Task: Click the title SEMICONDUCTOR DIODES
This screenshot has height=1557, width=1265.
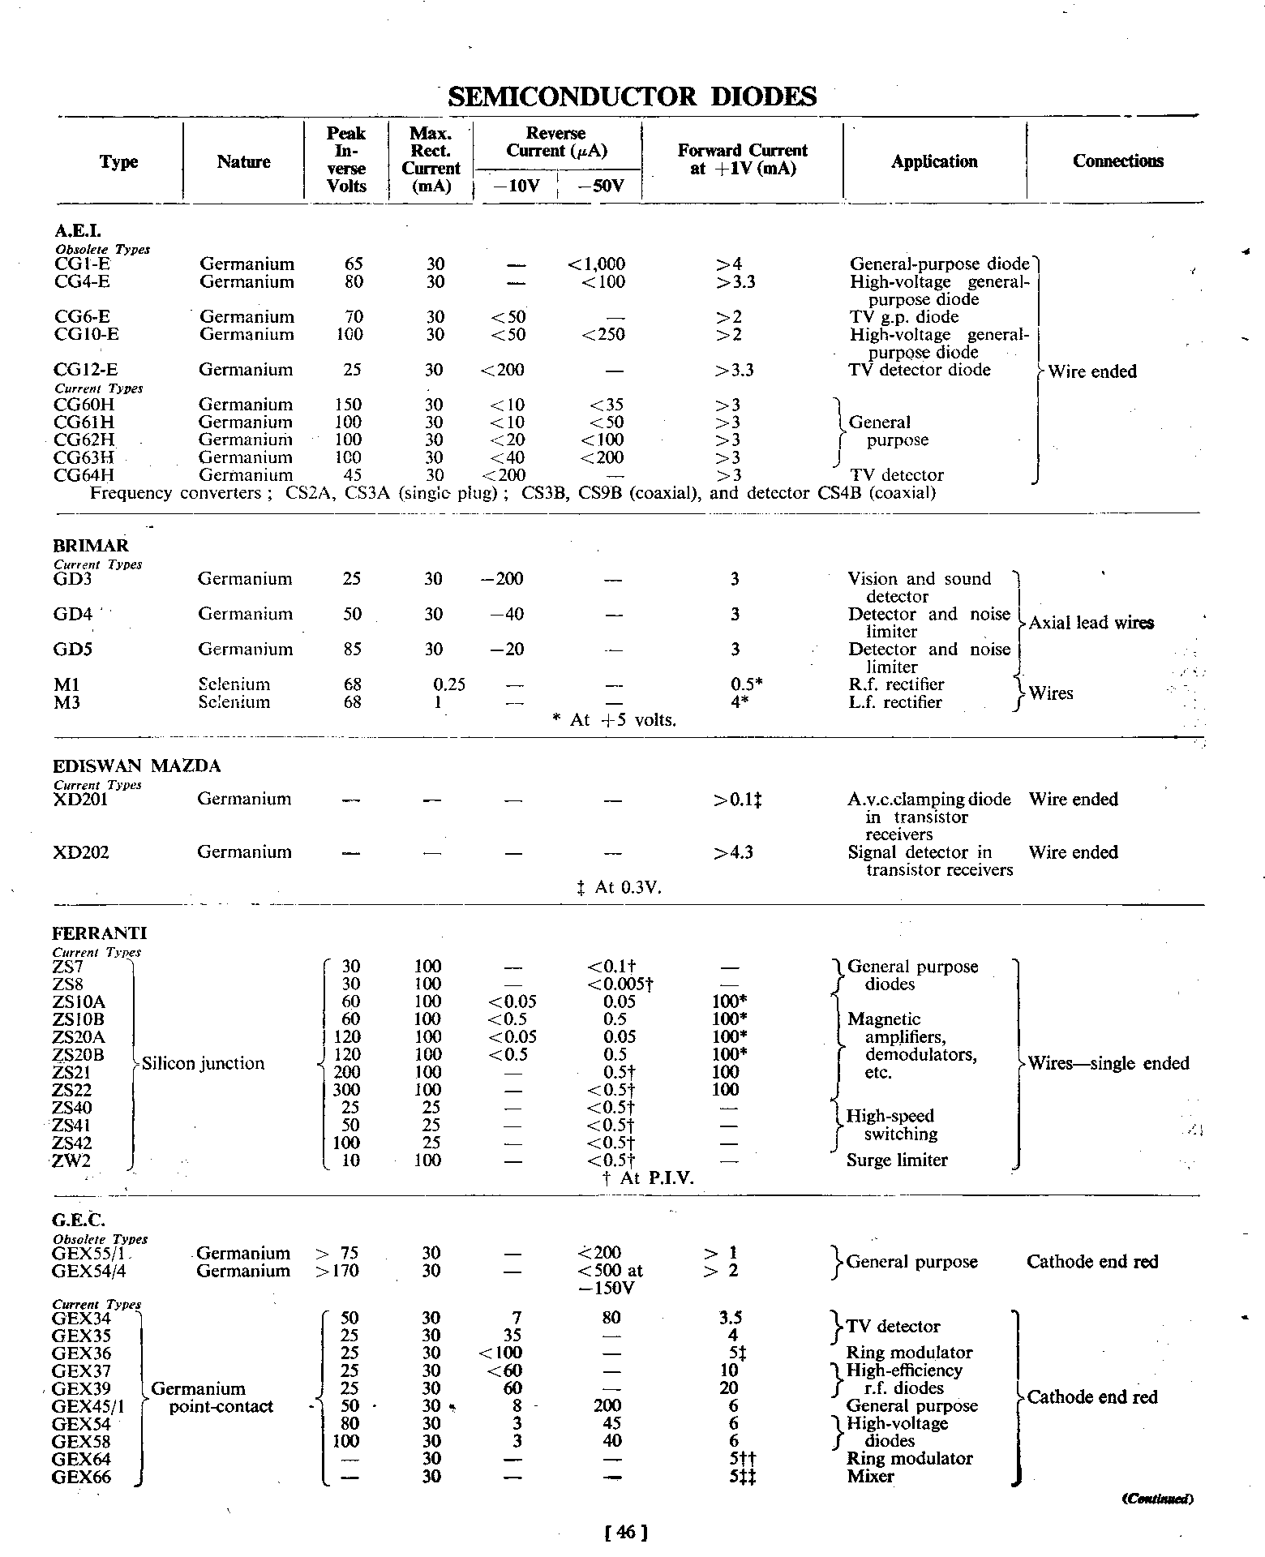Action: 632,97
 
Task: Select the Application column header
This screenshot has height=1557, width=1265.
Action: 934,161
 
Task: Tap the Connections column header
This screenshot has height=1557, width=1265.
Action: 1117,161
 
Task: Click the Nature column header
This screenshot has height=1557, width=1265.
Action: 243,162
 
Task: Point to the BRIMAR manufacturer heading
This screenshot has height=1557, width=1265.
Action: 91,546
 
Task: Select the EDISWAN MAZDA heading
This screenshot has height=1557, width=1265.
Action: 136,766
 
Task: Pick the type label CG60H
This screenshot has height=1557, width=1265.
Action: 84,405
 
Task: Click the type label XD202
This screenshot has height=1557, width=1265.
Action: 80,852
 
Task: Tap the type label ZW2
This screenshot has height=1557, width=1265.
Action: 72,1160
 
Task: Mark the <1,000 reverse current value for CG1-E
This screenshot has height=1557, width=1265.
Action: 597,264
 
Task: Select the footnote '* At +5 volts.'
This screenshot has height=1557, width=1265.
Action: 613,720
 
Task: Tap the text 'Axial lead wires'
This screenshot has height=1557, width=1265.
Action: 1091,623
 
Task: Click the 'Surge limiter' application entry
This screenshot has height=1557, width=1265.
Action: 897,1160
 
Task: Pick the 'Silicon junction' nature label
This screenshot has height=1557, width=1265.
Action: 203,1063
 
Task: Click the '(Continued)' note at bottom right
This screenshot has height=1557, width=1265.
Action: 1157,1499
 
